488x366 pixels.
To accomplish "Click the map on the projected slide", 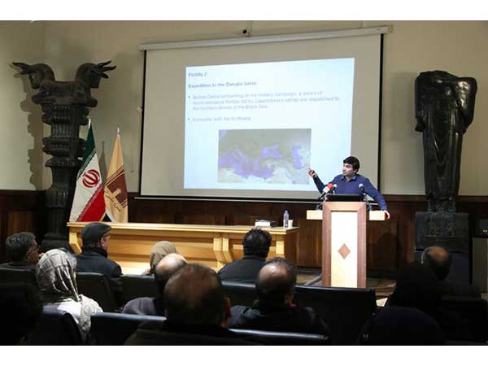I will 264,155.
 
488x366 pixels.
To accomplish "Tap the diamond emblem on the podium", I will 344,251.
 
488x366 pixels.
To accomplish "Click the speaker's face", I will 351,167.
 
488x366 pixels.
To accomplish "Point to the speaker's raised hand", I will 312,172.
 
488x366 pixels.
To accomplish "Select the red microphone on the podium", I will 328,190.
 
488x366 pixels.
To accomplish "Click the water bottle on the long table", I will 285,219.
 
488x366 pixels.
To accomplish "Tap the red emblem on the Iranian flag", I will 90,178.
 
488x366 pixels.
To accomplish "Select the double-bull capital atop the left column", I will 63,76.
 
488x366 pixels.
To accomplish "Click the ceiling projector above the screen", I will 246,32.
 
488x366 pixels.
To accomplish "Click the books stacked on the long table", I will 264,223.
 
